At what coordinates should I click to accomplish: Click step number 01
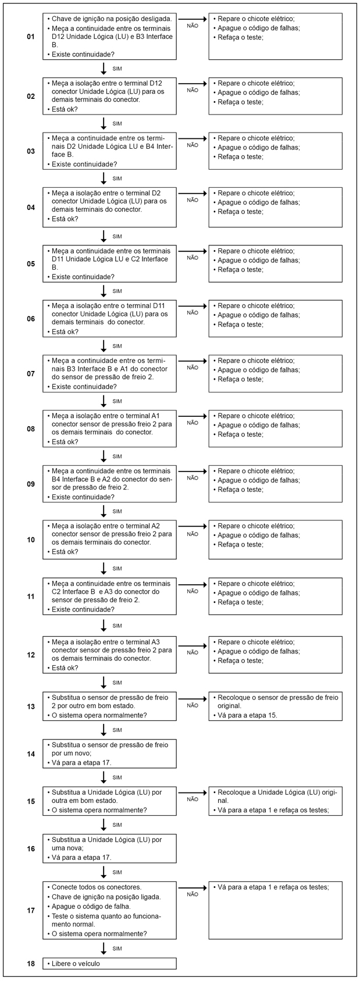[31, 37]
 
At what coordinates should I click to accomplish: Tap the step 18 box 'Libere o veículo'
[109, 963]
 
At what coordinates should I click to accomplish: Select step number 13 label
[31, 706]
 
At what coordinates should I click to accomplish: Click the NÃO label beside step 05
[193, 258]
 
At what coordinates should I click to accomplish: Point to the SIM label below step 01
[117, 69]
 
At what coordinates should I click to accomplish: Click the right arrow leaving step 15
[193, 792]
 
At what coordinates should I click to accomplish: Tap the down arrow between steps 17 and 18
[104, 948]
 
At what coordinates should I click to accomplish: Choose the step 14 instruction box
[109, 754]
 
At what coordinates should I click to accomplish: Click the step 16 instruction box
[109, 848]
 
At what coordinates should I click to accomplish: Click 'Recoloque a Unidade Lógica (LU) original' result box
[275, 801]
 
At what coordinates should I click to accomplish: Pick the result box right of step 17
[275, 910]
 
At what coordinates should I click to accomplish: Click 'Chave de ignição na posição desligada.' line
[108, 19]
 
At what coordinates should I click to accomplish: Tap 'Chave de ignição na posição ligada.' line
[106, 897]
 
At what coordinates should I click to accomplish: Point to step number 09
[31, 484]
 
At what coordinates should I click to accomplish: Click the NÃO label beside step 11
[193, 591]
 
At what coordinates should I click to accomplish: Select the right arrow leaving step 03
[193, 138]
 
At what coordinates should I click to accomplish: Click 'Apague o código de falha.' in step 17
[91, 906]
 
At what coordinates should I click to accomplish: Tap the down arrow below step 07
[104, 401]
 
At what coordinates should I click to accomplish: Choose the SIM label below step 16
[117, 872]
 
